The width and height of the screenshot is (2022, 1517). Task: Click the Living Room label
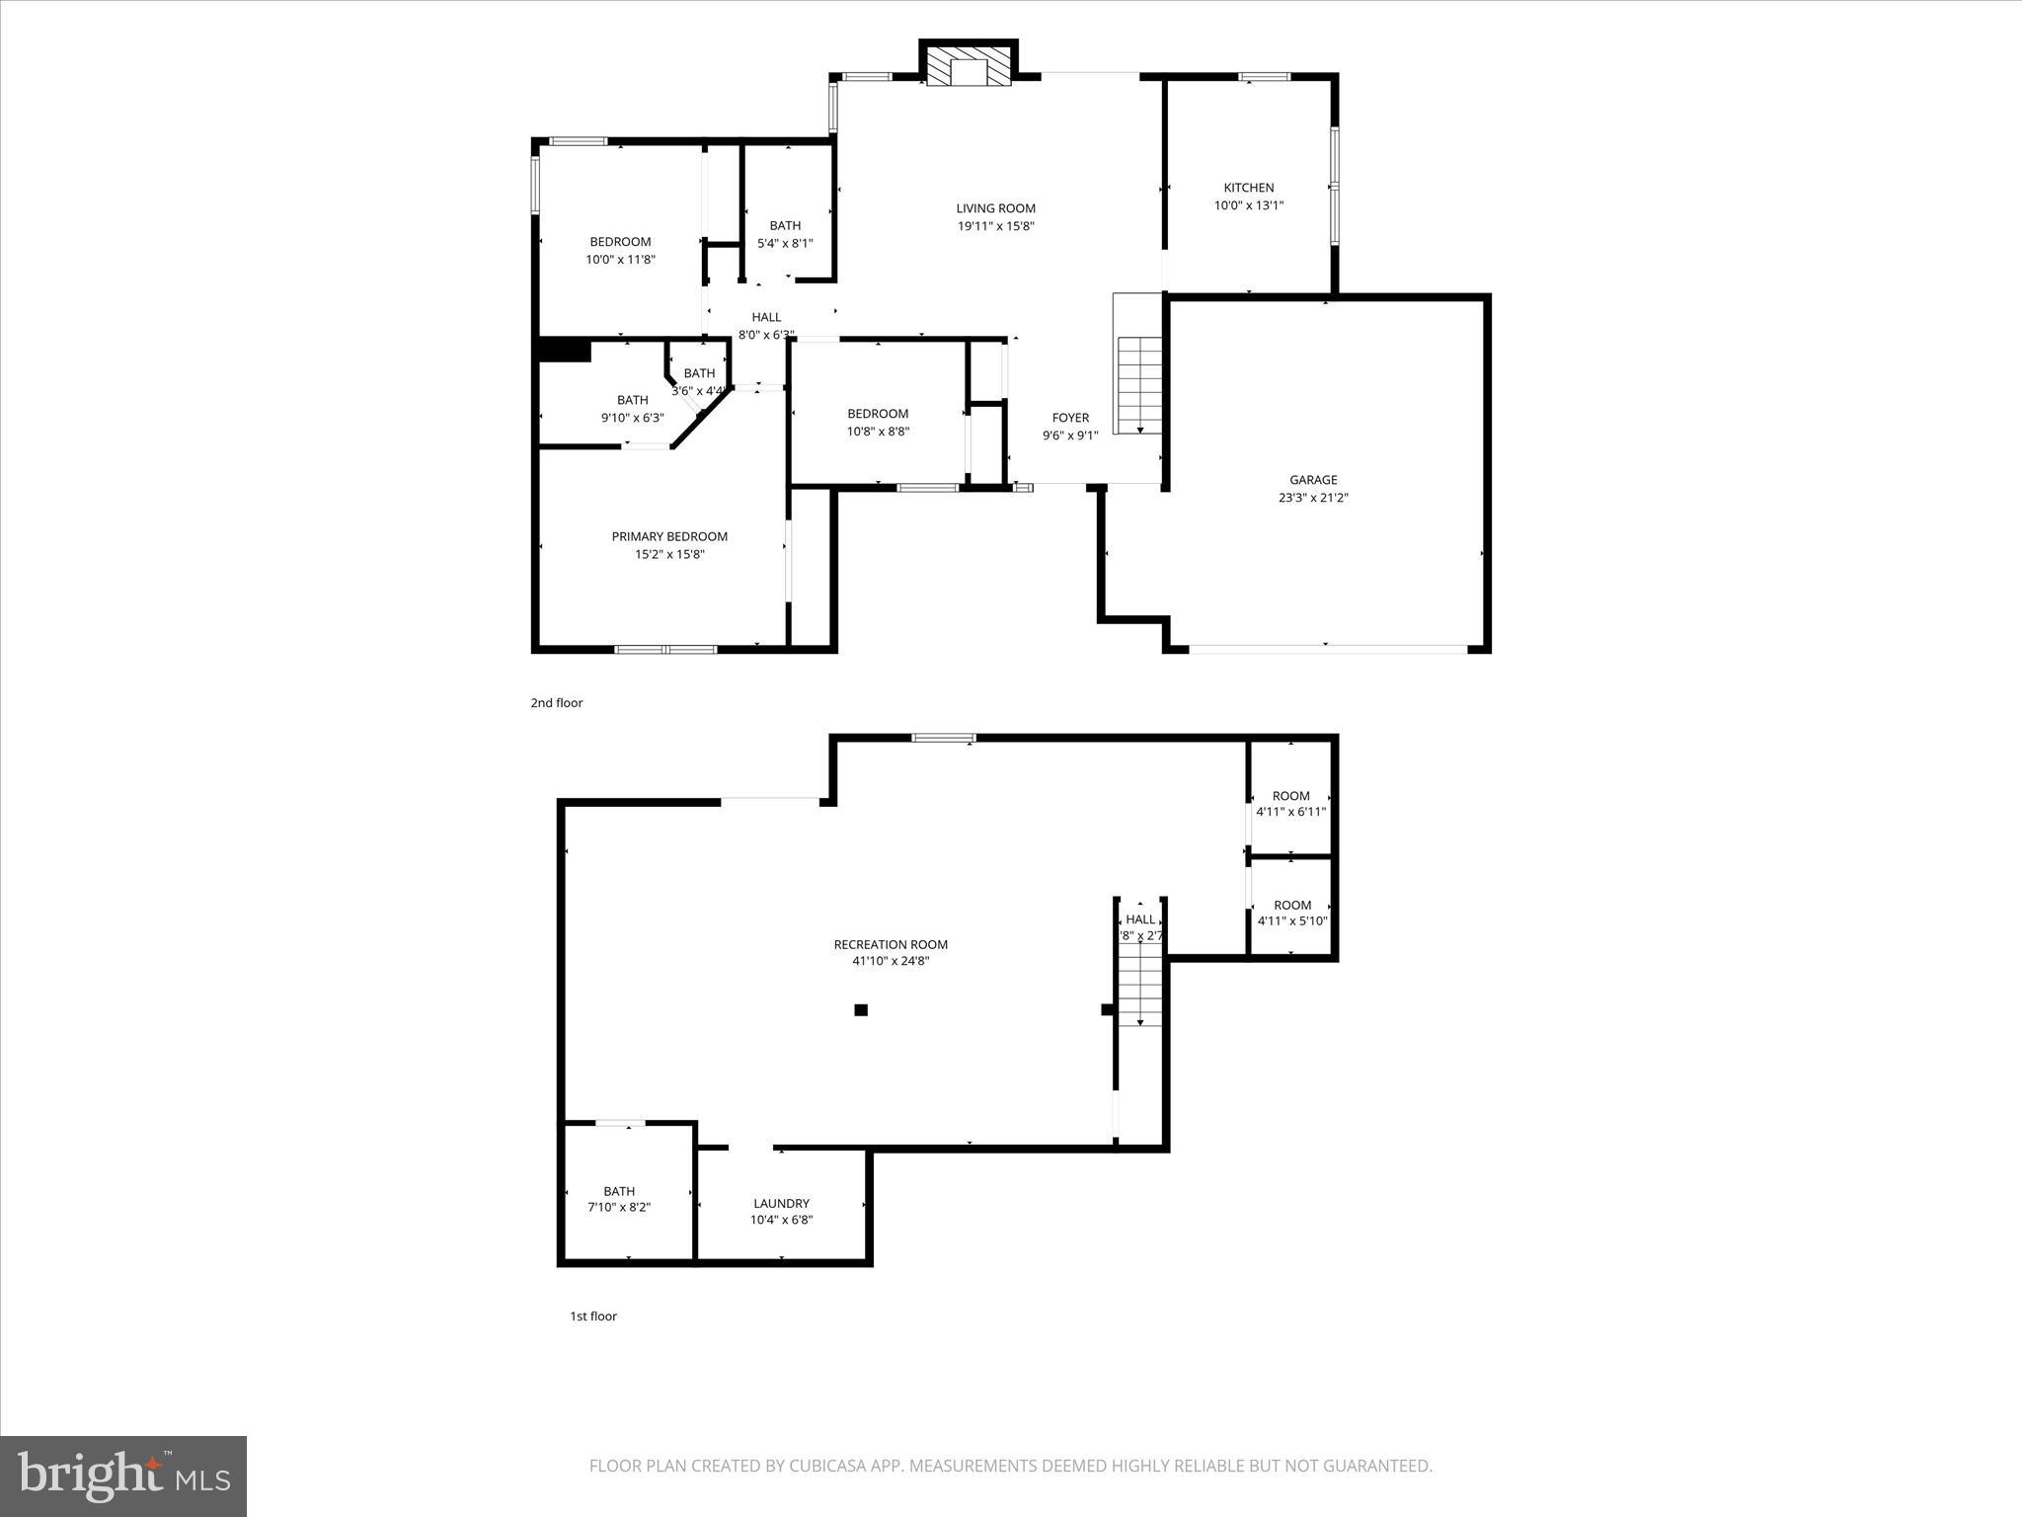(995, 208)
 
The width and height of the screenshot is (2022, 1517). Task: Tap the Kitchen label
(1249, 188)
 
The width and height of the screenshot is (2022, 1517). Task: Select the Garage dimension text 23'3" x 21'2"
(1313, 498)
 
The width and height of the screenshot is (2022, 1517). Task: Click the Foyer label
(1070, 418)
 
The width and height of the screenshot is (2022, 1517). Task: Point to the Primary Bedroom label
(669, 536)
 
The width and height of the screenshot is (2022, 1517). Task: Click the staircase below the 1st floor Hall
(1140, 984)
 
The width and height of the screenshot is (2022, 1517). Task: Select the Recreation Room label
(891, 944)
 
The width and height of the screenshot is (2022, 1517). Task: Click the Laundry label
(781, 1203)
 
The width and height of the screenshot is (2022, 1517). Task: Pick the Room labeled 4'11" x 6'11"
(1290, 803)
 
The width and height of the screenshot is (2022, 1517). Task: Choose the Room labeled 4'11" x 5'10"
(1291, 913)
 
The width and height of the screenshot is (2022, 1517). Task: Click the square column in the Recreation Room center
(861, 1009)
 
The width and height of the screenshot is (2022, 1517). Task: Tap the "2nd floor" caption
(557, 703)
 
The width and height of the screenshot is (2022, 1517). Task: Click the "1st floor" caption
(593, 1316)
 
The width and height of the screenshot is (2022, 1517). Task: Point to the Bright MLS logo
(123, 1476)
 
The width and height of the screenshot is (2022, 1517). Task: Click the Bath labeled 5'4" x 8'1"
(785, 234)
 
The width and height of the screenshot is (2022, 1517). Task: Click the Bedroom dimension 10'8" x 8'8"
(878, 432)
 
